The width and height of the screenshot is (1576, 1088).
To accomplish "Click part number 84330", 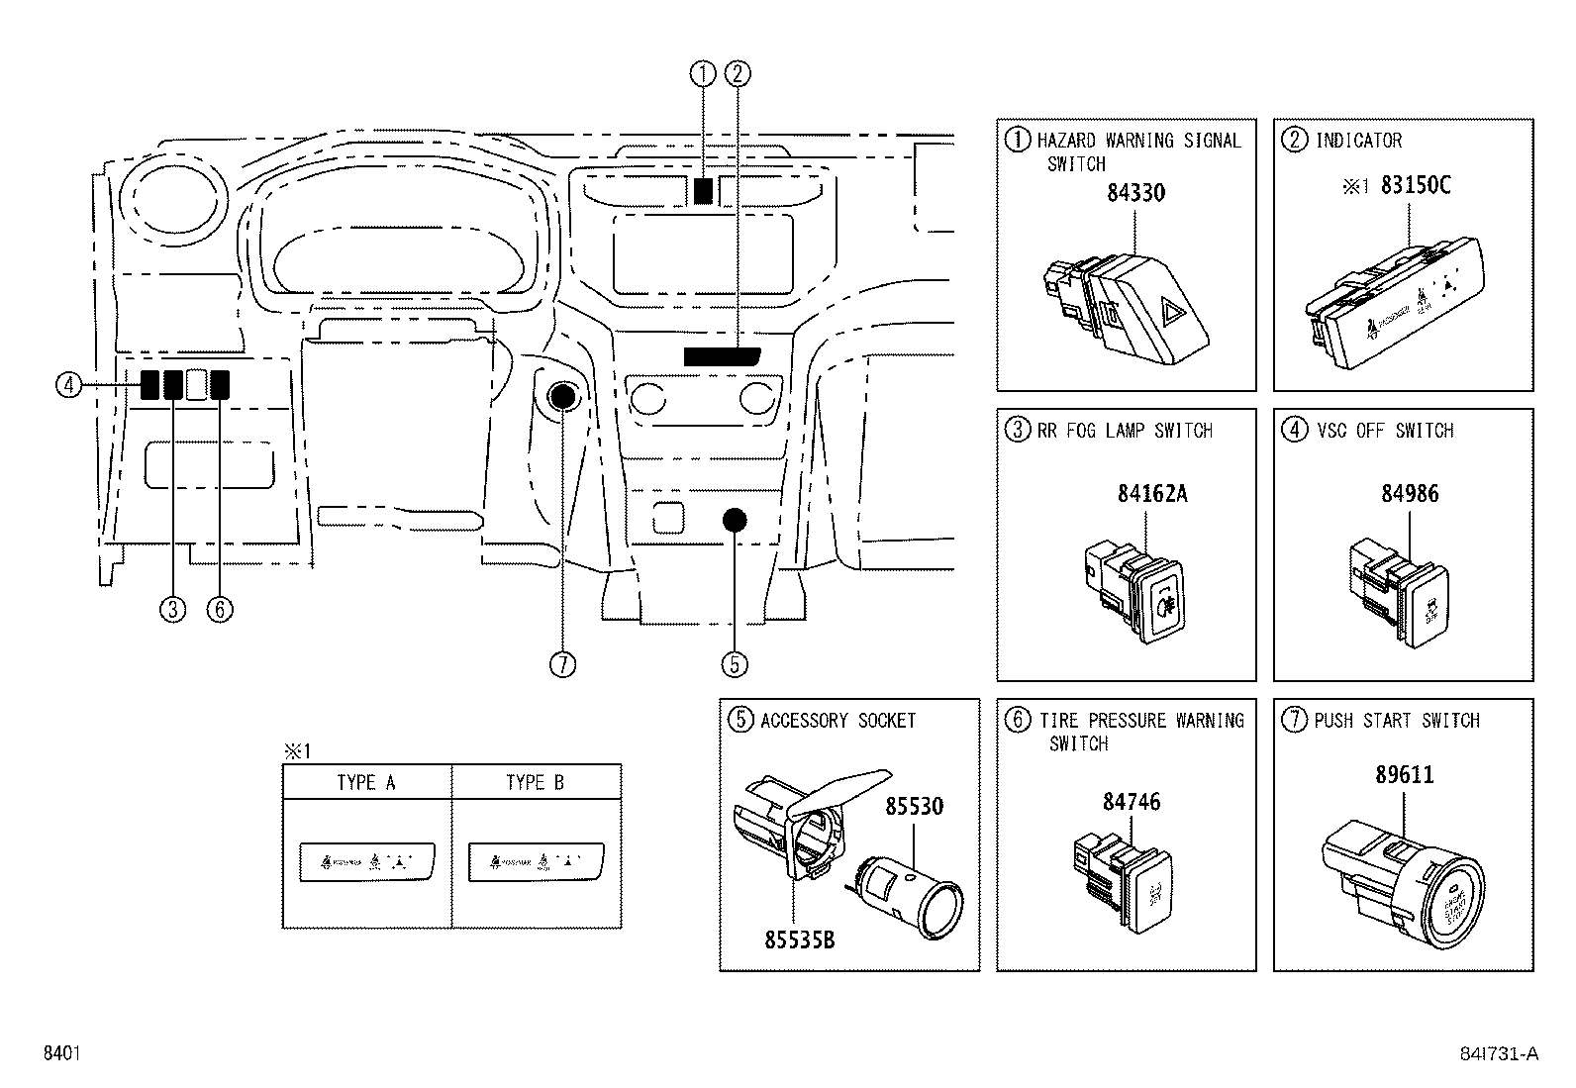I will [1135, 193].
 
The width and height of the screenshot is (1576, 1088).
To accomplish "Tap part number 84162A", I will [1151, 493].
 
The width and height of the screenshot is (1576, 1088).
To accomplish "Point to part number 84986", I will [1410, 493].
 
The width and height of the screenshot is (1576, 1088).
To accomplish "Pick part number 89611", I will [1404, 774].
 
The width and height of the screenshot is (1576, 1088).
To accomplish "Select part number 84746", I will [1132, 802].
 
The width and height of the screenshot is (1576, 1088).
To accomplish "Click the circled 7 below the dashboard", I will [562, 664].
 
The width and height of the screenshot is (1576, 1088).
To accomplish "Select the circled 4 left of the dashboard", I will [68, 384].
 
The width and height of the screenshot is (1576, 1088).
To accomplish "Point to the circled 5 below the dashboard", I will [734, 664].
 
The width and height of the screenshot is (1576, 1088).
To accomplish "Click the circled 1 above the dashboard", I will [703, 73].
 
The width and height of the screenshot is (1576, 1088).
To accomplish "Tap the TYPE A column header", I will [366, 782].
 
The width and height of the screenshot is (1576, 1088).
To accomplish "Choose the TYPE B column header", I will [536, 782].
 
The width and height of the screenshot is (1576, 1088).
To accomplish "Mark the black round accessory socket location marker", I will [734, 520].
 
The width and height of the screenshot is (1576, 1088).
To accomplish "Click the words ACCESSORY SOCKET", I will [837, 721].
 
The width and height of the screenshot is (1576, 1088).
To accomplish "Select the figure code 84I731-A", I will [1499, 1054].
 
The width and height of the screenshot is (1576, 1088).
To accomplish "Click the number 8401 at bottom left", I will [61, 1054].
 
